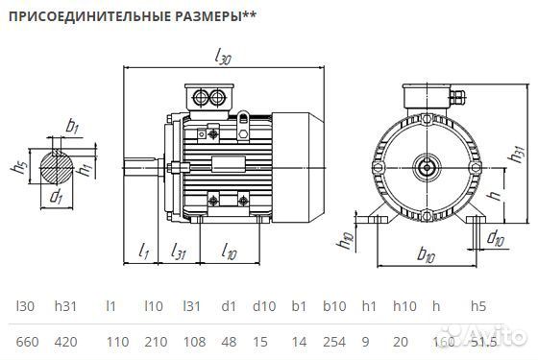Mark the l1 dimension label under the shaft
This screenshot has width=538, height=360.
(x=144, y=252)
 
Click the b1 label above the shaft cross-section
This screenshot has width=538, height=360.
(x=71, y=125)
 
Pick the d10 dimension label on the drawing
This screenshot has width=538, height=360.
(x=495, y=237)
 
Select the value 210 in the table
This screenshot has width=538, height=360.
(x=154, y=341)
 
